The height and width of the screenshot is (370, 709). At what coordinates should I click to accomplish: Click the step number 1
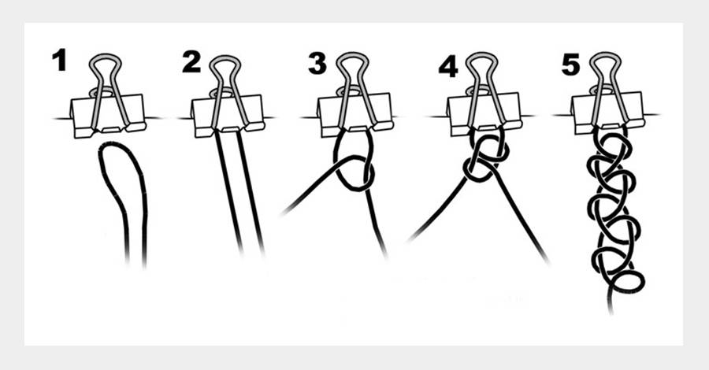pyautogui.click(x=59, y=61)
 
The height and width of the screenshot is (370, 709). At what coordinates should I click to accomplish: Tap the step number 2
pyautogui.click(x=191, y=62)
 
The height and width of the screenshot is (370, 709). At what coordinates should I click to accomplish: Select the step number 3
pyautogui.click(x=317, y=63)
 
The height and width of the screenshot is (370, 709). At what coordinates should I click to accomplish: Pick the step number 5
pyautogui.click(x=570, y=64)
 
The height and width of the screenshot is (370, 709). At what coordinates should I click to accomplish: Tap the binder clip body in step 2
pyautogui.click(x=228, y=116)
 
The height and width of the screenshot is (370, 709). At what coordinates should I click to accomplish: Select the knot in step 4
pyautogui.click(x=486, y=158)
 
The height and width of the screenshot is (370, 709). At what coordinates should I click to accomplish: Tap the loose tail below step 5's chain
pyautogui.click(x=611, y=302)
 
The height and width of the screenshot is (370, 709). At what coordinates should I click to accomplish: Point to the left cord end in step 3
pyautogui.click(x=283, y=213)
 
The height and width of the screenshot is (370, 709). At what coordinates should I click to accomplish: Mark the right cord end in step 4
pyautogui.click(x=548, y=261)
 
